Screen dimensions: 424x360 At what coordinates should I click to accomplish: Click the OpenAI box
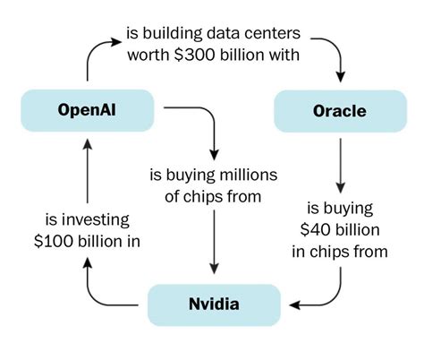click(88, 110)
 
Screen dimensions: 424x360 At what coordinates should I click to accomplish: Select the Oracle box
click(340, 111)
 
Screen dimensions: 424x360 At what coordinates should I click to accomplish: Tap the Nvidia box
click(214, 304)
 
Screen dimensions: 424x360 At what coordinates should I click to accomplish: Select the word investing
click(96, 220)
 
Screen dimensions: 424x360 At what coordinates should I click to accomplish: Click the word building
click(173, 33)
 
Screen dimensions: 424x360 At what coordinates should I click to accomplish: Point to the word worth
click(148, 55)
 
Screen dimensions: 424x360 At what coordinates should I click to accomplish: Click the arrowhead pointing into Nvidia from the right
click(294, 305)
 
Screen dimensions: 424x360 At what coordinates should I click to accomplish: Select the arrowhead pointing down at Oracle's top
click(341, 77)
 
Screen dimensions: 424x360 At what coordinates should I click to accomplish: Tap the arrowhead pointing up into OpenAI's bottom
click(88, 144)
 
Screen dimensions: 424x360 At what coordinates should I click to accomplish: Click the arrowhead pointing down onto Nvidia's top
click(214, 269)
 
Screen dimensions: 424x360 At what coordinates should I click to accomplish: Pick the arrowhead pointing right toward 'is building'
click(116, 41)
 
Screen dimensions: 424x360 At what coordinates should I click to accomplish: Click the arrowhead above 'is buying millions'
click(214, 155)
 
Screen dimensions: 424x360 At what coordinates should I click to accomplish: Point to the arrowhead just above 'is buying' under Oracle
click(341, 188)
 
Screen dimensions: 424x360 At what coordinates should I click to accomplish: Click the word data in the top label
click(223, 33)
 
